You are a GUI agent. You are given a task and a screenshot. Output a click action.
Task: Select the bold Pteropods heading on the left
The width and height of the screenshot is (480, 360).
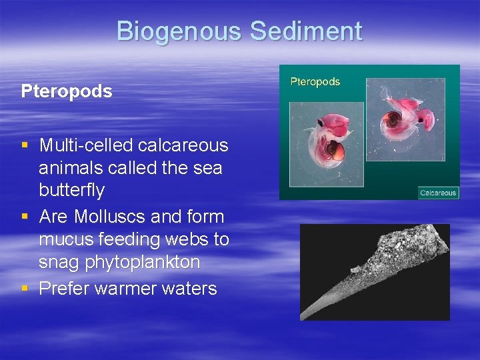point(67,91)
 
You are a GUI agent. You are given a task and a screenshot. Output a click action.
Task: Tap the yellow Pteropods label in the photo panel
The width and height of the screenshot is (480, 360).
point(315,82)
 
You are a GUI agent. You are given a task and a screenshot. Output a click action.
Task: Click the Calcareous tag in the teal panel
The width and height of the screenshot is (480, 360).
point(438,193)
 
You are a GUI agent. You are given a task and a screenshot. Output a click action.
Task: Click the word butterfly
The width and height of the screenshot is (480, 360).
point(72,191)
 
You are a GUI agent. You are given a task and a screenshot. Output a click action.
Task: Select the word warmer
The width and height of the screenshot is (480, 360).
point(123,289)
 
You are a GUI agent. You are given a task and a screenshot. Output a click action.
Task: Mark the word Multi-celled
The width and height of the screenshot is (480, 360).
point(82,145)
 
